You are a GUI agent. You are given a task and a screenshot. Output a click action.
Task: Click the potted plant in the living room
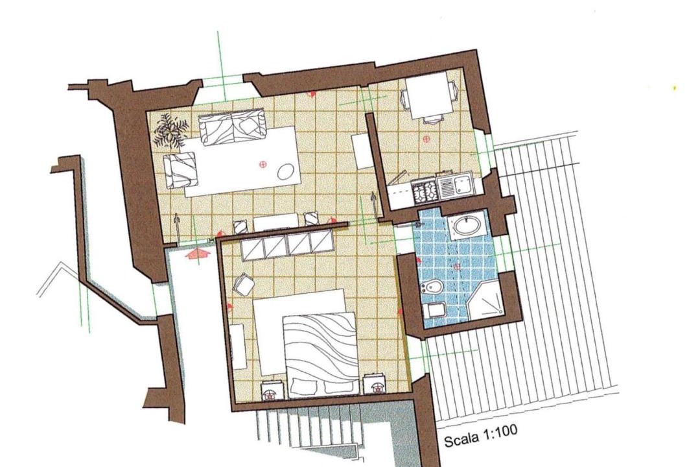coord(170,130)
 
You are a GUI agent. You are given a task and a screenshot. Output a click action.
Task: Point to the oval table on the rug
coord(285,171)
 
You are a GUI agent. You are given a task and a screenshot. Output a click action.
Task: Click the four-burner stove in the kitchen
coord(425,189)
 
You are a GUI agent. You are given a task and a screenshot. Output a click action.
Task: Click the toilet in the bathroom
coord(435,309)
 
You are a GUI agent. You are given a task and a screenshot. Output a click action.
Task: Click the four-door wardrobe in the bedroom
coord(288,246)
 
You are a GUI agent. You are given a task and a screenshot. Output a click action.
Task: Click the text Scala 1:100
coord(480,435)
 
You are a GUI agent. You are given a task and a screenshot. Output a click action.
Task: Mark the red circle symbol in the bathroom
coord(457,267)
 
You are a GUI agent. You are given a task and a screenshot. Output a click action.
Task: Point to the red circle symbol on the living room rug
coord(262,165)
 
